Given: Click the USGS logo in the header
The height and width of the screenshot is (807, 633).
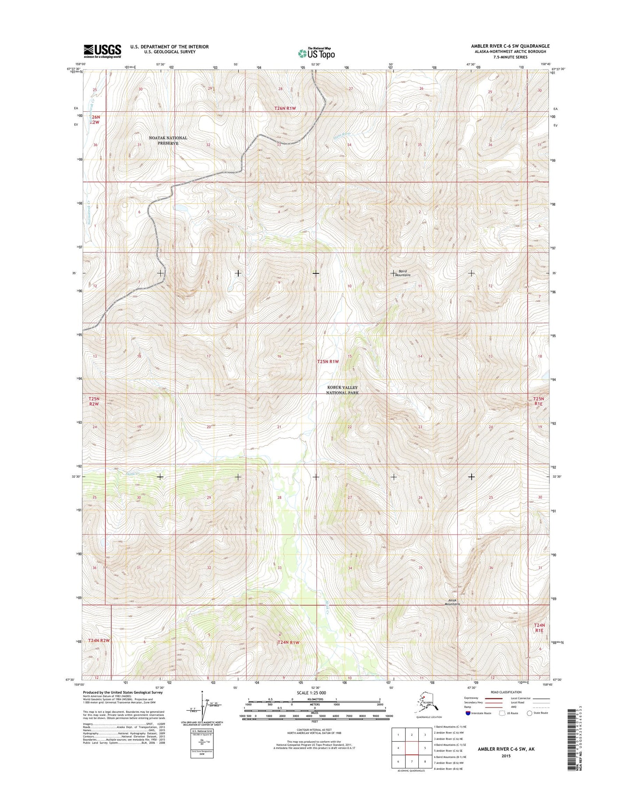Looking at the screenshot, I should pos(102,51).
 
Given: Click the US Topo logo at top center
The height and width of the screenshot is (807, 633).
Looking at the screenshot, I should pos(316,53).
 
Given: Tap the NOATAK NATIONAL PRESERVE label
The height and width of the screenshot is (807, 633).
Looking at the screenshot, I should pos(168,140).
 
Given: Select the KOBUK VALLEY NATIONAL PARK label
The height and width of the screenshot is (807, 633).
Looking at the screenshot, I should pos(342,390).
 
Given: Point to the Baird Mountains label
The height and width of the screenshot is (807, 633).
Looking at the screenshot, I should pos(403,273).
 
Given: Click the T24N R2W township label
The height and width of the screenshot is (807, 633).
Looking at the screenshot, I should pos(98,640).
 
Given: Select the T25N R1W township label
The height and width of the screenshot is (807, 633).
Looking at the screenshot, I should pos(328,361).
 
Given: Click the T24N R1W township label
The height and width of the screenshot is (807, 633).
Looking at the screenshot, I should pos(288,642).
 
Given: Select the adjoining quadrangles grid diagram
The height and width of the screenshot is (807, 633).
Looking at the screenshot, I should pos(411,748).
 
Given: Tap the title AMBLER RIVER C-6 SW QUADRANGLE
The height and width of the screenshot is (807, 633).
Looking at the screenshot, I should pos(510,46).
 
